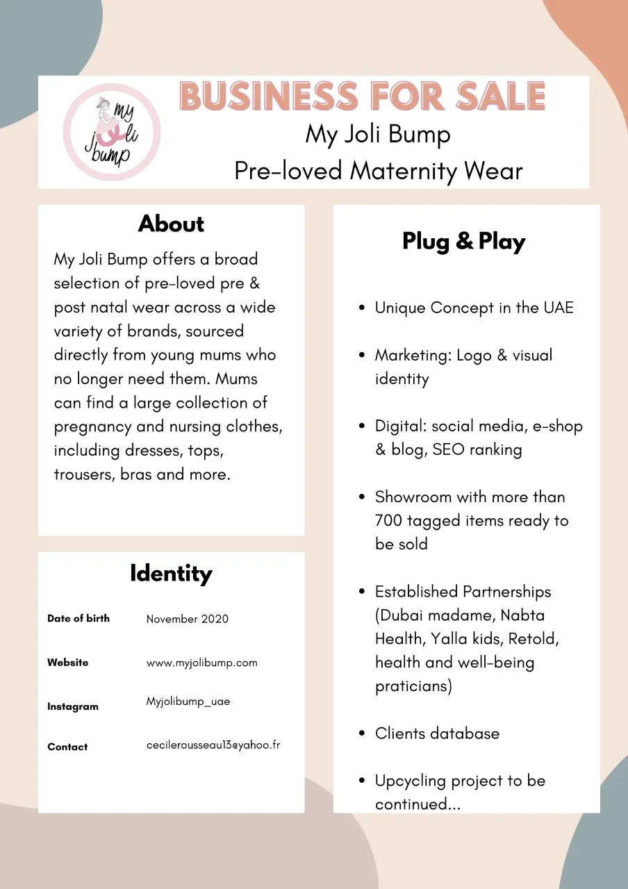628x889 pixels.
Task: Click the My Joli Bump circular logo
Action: (x=112, y=132)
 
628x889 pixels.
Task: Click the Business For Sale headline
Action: (x=362, y=96)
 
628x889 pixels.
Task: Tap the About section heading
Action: (x=171, y=224)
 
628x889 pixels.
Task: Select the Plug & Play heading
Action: (x=463, y=242)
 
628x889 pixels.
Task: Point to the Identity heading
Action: (x=171, y=574)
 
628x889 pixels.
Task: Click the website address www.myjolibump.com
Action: (x=201, y=663)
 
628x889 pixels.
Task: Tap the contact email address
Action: (x=213, y=745)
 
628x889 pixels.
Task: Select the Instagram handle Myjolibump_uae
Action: (x=188, y=701)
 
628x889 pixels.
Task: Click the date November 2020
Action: (x=187, y=619)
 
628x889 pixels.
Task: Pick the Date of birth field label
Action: (x=78, y=618)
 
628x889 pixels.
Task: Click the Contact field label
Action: (x=67, y=747)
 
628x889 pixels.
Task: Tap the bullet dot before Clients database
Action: (x=362, y=734)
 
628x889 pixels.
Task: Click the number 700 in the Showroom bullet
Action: (x=389, y=521)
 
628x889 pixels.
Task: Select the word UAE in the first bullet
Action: (x=556, y=308)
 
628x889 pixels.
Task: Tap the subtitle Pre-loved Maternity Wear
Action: (x=378, y=170)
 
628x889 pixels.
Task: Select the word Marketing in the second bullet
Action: (x=413, y=355)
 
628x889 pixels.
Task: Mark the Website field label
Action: (x=68, y=663)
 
